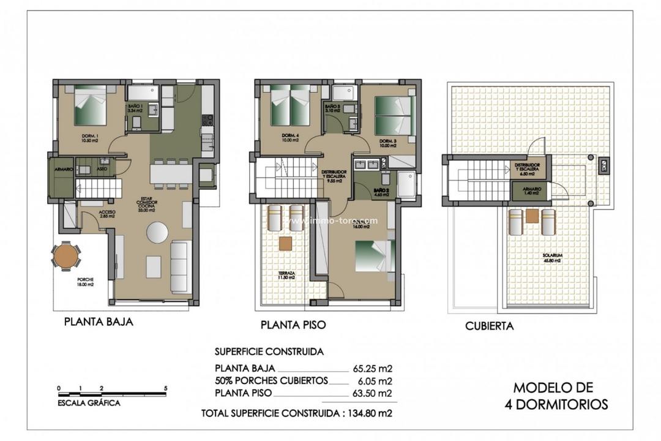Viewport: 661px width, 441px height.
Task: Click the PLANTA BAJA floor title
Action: [x=98, y=322]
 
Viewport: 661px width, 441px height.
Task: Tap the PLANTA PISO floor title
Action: [x=293, y=325]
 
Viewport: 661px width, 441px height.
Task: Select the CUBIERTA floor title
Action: [x=489, y=326]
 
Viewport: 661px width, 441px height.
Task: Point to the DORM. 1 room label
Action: [x=91, y=137]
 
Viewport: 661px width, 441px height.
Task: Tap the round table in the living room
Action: [x=157, y=233]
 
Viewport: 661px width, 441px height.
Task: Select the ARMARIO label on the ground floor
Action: [x=63, y=168]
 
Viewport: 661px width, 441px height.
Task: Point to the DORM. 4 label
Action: [x=290, y=137]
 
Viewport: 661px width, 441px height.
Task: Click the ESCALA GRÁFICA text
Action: [x=88, y=403]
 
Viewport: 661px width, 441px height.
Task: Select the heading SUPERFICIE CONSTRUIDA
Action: [x=269, y=352]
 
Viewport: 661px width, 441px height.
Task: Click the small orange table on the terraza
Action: [x=286, y=243]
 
